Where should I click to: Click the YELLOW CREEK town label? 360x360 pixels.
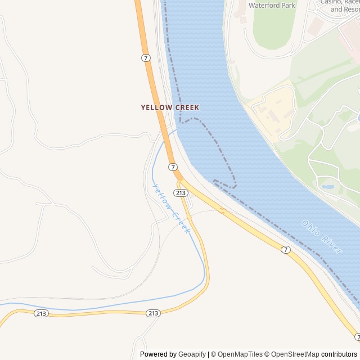pos(170,107)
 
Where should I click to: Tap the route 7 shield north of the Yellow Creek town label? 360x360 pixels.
pos(146,58)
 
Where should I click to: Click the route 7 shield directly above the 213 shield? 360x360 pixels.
pos(173,167)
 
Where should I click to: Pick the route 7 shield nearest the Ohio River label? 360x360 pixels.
pos(286,250)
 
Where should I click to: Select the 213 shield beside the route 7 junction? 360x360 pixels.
pos(181,193)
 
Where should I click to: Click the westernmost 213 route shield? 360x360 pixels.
pos(40,313)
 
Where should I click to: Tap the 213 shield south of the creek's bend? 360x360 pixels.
pos(153,313)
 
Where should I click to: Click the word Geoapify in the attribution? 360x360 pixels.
pos(192,354)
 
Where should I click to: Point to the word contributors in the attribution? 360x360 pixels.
pos(339,354)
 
